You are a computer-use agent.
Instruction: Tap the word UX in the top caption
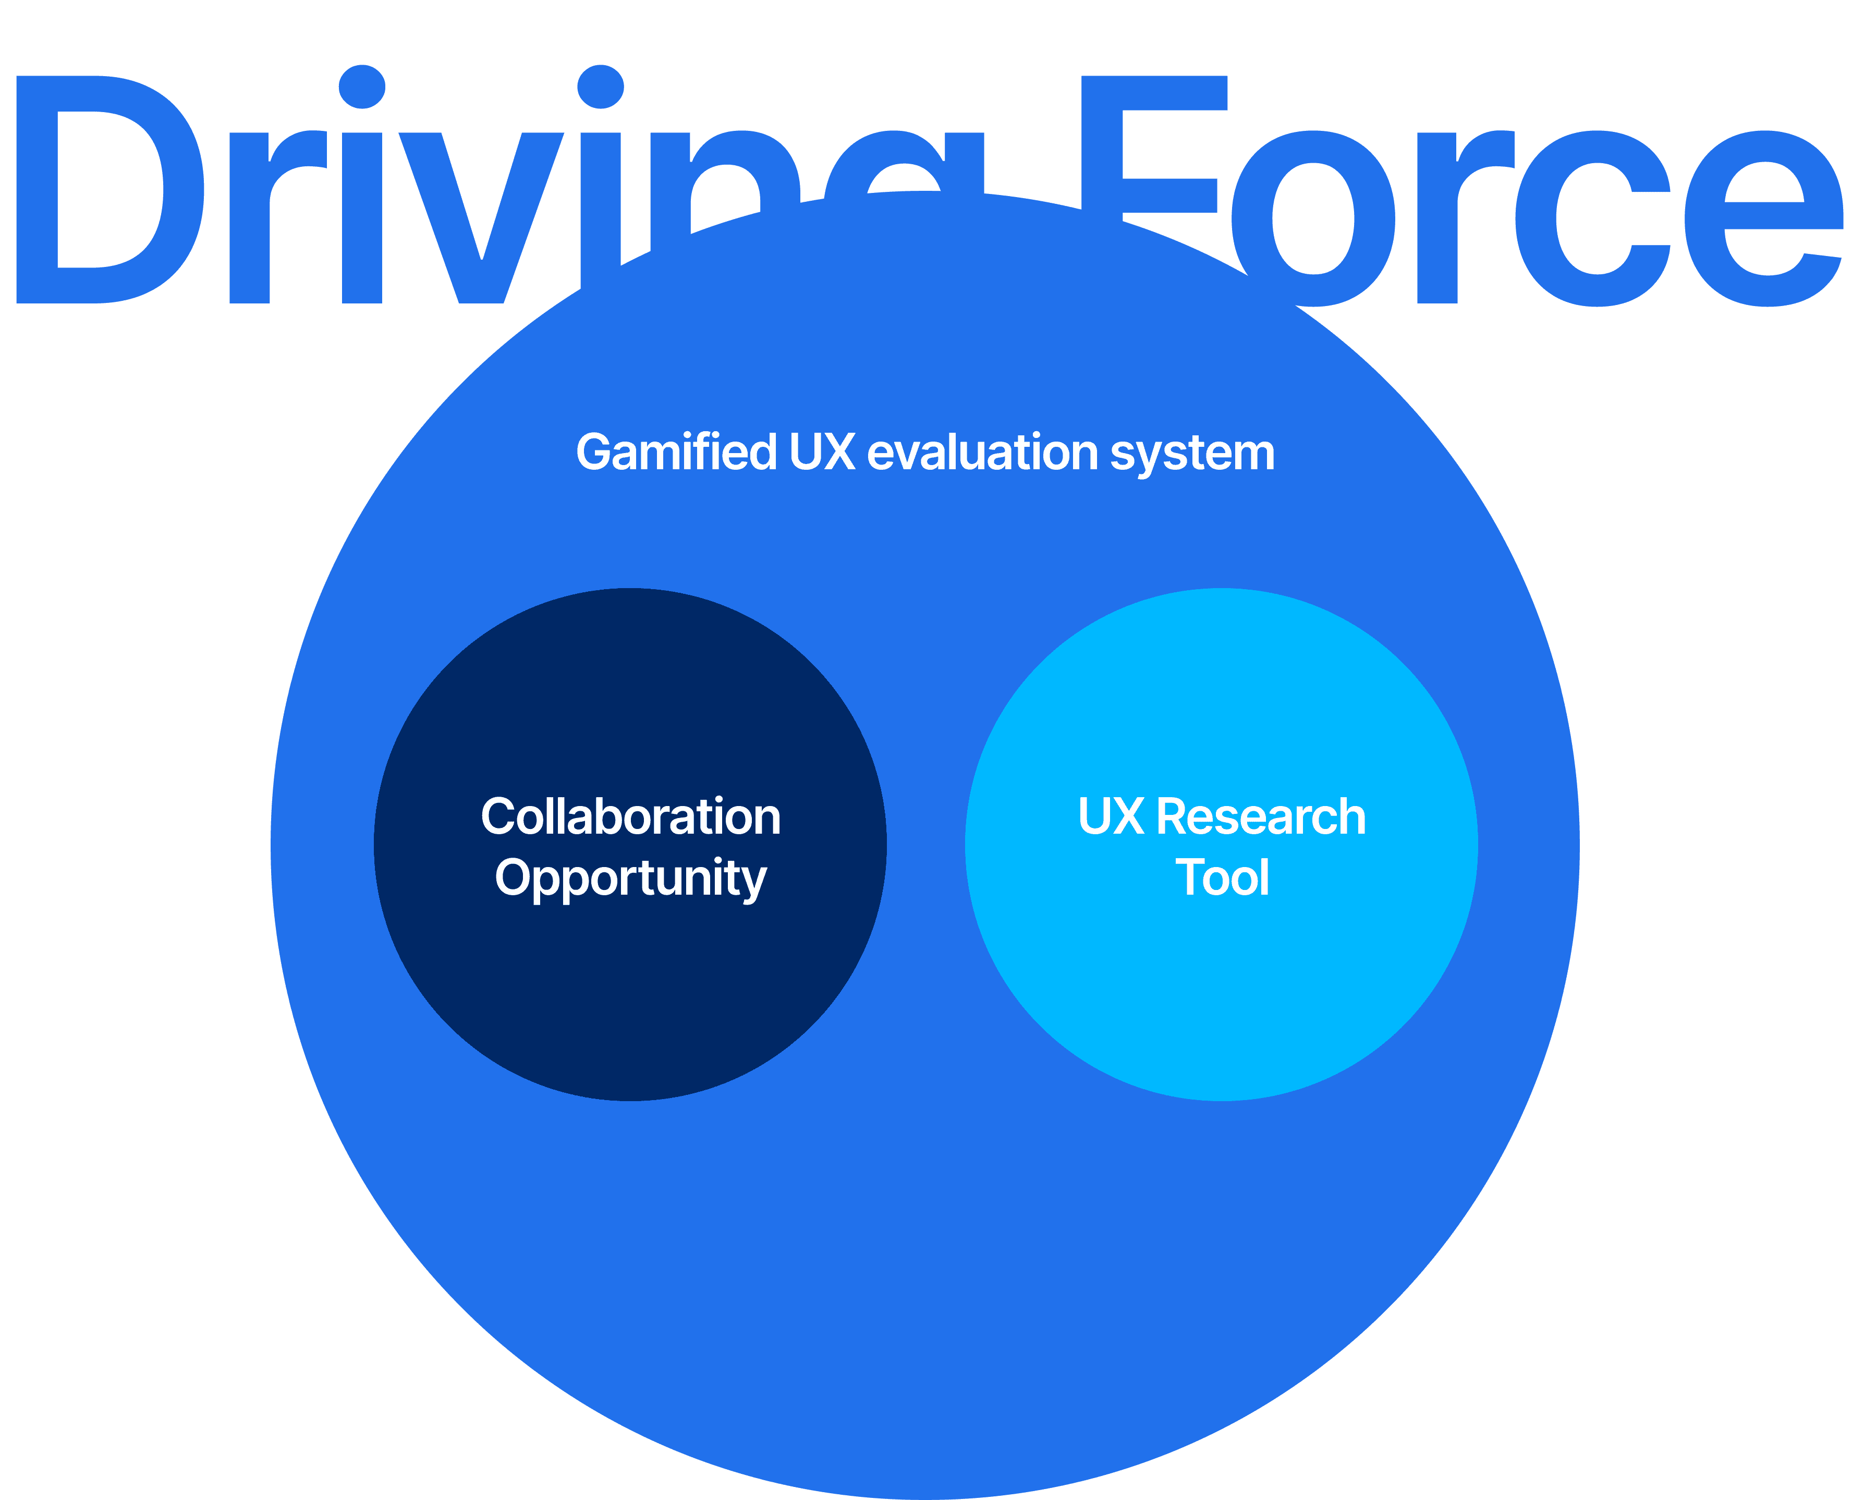coord(822,452)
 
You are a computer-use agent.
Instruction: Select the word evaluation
coord(983,453)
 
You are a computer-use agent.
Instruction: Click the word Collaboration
coord(630,816)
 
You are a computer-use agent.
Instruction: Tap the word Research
coord(1261,816)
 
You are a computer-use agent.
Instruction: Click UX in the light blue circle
coord(1111,816)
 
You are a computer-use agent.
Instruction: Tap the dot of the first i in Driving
coord(362,87)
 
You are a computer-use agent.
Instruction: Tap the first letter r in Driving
coord(268,216)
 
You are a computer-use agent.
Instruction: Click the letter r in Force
coord(1452,216)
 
